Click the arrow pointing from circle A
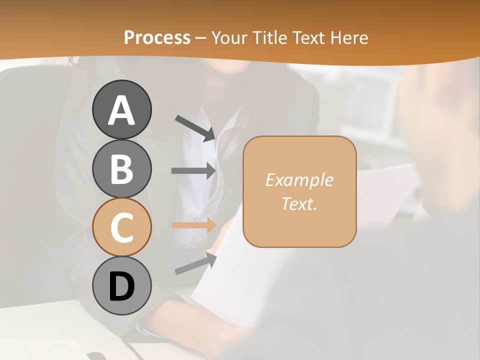[195, 127]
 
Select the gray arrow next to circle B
[193, 170]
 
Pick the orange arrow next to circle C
[193, 225]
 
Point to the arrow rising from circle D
[195, 263]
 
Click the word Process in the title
[157, 37]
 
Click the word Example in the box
[299, 180]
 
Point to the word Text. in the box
[299, 203]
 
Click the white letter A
[121, 110]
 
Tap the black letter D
[121, 287]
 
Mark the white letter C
[121, 228]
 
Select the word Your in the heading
[230, 37]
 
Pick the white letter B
[121, 169]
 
